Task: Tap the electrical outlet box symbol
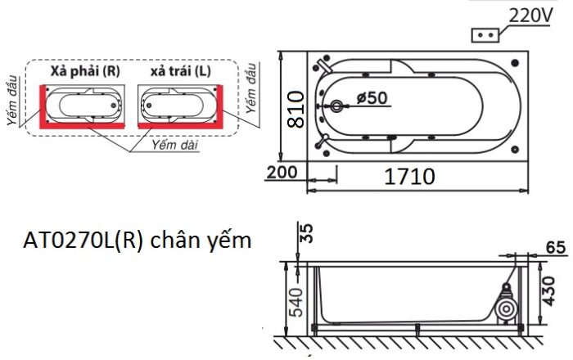click(485, 35)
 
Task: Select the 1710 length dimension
click(410, 175)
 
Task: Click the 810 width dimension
click(296, 106)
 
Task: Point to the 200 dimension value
click(281, 172)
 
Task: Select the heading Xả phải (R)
click(85, 71)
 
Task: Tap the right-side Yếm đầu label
click(254, 90)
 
